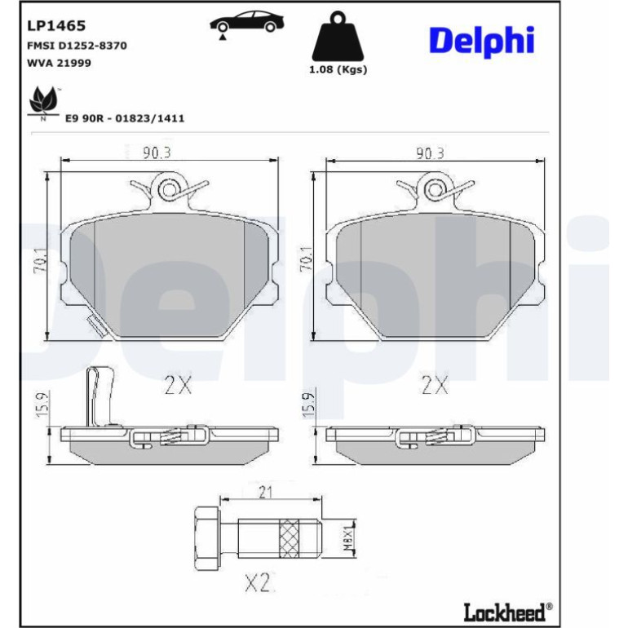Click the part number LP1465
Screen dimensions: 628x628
tap(56, 25)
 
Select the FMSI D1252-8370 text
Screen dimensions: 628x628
tap(77, 46)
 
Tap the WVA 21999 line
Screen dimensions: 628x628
tap(59, 63)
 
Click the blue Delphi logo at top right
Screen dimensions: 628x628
tap(482, 42)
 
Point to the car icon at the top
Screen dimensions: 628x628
tap(247, 23)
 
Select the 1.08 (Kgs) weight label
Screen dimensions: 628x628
tap(338, 69)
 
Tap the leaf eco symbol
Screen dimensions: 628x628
tap(42, 103)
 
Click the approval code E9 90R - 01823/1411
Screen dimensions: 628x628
tap(125, 118)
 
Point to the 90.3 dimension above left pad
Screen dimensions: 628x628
tap(157, 153)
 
